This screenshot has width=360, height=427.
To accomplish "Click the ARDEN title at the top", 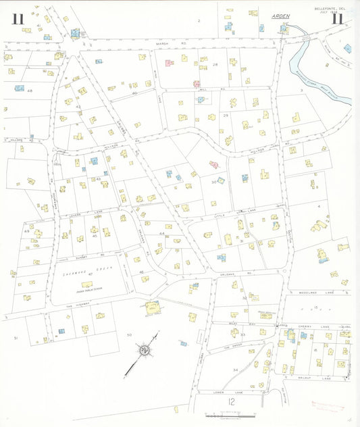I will coord(280,15).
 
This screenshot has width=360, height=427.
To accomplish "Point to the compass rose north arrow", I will coord(144,350).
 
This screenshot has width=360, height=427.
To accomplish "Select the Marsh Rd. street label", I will coord(161,44).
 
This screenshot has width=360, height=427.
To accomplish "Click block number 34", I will coord(235,370).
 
